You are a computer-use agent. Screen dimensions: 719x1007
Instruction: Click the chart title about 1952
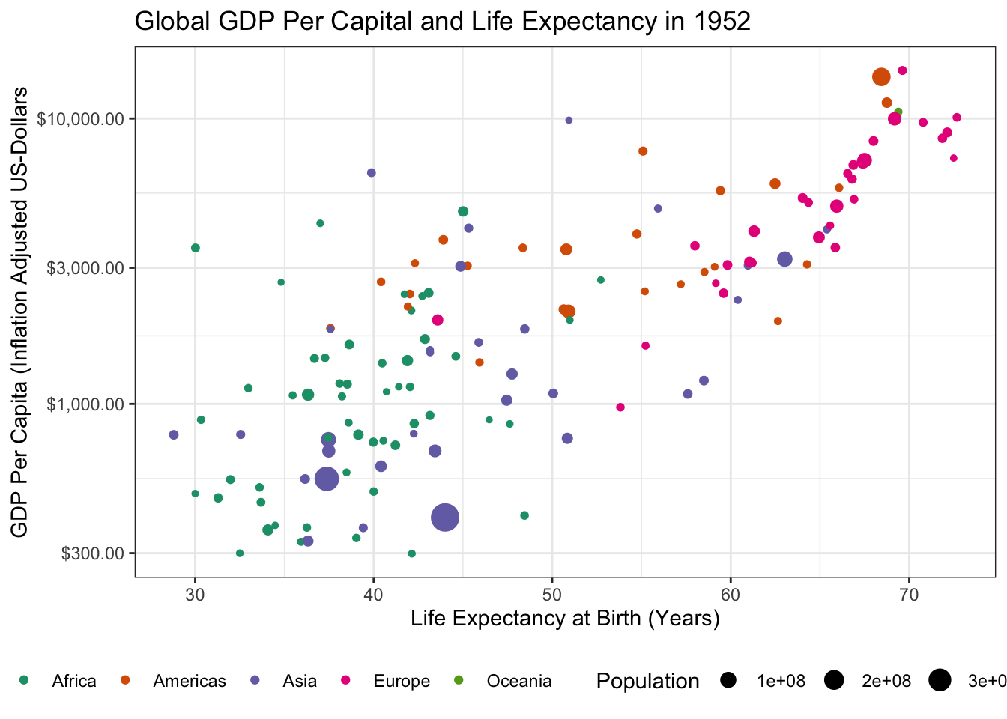[x=442, y=22]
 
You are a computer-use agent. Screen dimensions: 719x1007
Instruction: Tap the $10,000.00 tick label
[x=79, y=119]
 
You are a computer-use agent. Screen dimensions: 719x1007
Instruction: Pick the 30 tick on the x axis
[x=195, y=594]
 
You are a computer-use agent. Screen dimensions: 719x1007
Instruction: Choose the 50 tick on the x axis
[x=552, y=594]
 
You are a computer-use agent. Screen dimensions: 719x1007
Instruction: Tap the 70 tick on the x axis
[x=909, y=594]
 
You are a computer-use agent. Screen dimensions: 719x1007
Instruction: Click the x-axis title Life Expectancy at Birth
[x=565, y=619]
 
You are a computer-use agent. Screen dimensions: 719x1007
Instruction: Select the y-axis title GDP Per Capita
[x=20, y=312]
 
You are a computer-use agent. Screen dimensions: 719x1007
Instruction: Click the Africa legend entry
[x=73, y=681]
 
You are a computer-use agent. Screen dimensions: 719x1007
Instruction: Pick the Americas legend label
[x=189, y=681]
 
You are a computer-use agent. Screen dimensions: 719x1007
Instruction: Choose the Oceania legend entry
[x=518, y=681]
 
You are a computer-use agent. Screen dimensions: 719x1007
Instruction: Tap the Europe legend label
[x=402, y=681]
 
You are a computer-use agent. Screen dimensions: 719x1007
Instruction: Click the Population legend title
[x=647, y=681]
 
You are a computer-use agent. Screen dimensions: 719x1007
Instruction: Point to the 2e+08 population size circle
[x=834, y=680]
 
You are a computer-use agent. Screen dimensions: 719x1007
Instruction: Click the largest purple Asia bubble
[x=445, y=517]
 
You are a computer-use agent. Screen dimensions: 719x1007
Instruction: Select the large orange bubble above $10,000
[x=881, y=76]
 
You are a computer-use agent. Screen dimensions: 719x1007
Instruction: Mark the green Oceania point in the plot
[x=898, y=112]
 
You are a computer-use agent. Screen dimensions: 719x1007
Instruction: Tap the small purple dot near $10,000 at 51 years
[x=569, y=120]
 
